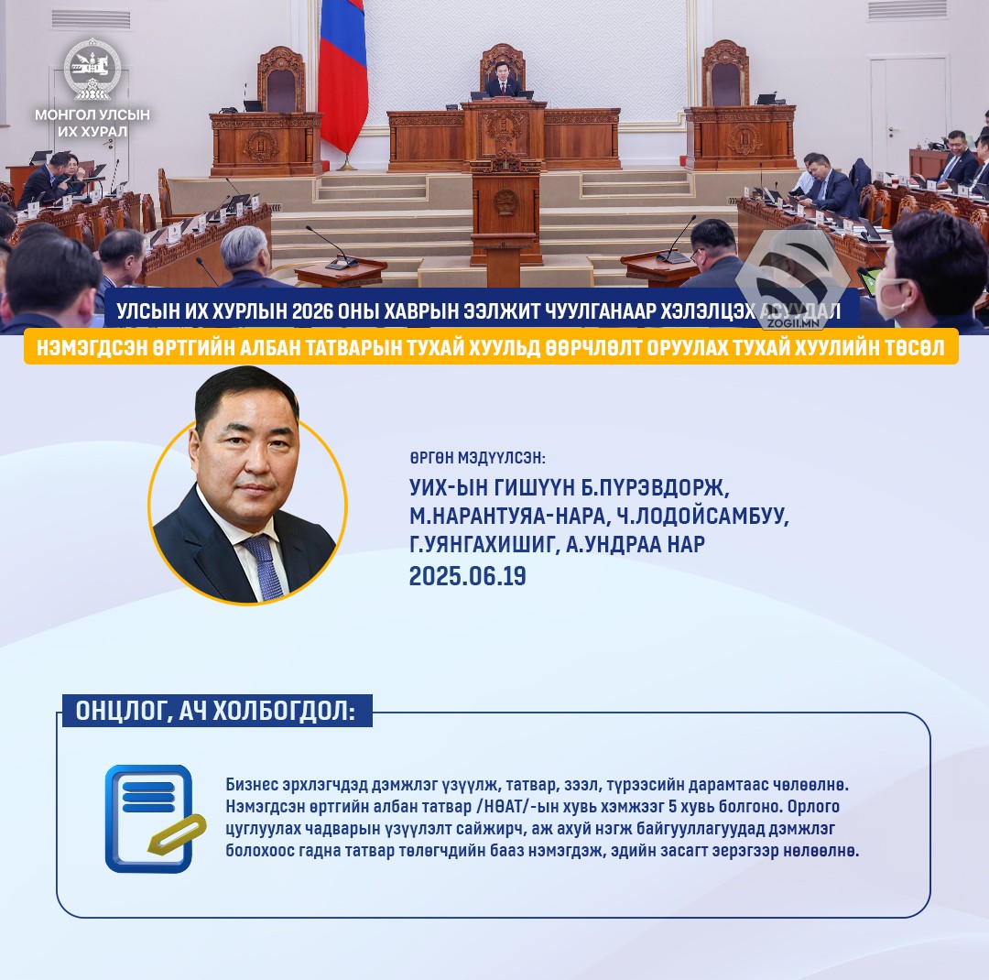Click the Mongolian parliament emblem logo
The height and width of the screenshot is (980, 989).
92,69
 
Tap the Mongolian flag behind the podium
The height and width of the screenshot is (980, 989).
342,72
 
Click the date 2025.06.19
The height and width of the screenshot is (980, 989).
467,576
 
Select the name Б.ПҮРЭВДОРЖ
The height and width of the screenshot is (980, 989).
655,488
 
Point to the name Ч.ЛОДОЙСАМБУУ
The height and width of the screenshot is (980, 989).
702,517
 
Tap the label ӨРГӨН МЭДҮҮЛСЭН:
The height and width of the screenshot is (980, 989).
477,458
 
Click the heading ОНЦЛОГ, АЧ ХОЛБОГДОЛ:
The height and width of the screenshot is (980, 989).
216,711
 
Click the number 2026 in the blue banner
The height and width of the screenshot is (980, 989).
312,311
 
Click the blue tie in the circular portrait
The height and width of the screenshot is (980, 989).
264,567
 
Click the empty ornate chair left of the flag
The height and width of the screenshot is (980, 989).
281,81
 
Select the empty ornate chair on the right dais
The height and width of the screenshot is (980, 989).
725,74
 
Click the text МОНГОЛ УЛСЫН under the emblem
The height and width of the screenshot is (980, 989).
92,114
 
